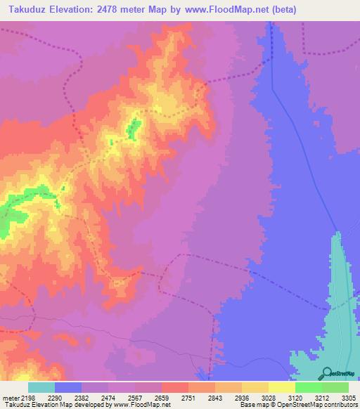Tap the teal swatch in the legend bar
41,387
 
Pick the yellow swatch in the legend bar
281,387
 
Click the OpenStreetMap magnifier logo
326,373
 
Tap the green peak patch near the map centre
133,128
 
